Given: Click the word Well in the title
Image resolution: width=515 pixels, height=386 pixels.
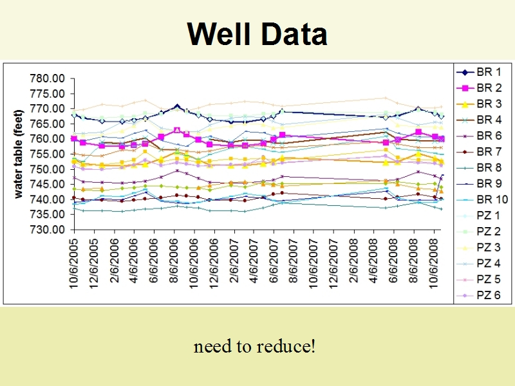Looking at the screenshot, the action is tap(219, 34).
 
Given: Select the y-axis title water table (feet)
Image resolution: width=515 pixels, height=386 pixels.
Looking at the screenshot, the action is tap(19, 154).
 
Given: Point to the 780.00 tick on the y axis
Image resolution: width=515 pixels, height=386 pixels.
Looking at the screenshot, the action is tap(47, 78).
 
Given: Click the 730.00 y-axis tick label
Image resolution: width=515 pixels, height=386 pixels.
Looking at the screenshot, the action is tap(47, 230).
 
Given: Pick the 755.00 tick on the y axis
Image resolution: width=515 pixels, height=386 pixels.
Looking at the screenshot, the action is tap(47, 154).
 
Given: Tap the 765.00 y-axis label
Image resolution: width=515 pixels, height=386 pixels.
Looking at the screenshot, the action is tap(47, 124).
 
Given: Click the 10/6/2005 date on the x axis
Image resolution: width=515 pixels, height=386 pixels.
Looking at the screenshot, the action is tap(74, 264).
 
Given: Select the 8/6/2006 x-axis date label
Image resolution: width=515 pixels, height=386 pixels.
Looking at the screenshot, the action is tap(174, 261).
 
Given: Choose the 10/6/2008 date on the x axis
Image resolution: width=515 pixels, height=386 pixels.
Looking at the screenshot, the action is tap(434, 264).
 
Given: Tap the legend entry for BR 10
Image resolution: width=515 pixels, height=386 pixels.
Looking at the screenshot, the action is tap(482, 199).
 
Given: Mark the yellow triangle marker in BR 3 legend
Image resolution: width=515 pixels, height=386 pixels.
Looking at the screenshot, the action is tap(465, 104).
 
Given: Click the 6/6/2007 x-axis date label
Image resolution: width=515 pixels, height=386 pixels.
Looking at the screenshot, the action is tap(274, 261).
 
